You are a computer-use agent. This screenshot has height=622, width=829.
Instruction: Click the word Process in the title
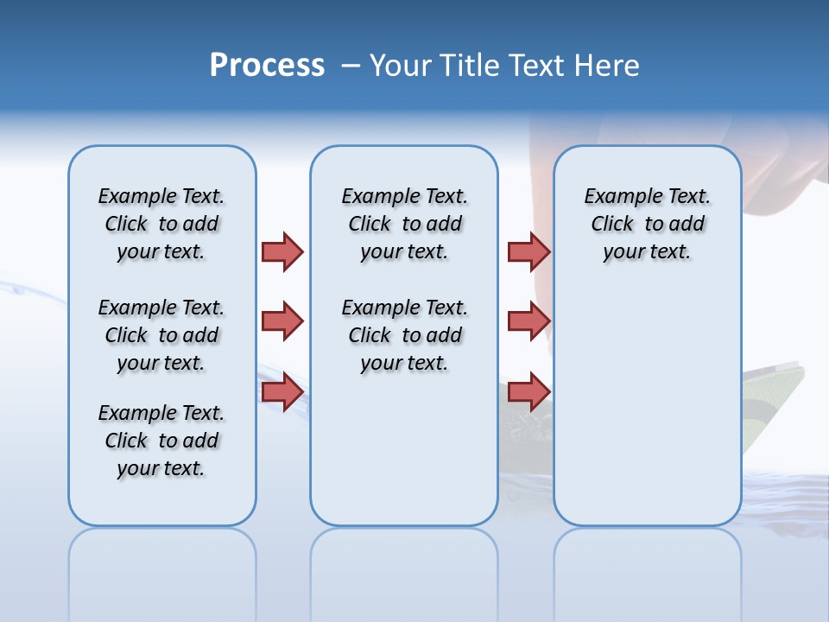(x=267, y=65)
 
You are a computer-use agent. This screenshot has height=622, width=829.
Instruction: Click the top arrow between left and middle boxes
(x=282, y=251)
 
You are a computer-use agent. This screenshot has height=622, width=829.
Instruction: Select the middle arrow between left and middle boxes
(x=282, y=321)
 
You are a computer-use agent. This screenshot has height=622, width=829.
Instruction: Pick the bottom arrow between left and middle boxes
(x=282, y=391)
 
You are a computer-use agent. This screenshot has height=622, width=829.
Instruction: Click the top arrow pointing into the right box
(x=528, y=251)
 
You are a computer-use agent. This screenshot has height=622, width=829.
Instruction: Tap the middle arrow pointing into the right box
(x=528, y=321)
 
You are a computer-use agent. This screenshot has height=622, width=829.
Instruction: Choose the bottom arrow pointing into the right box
(x=528, y=391)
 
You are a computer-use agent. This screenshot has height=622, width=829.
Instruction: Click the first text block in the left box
(x=161, y=224)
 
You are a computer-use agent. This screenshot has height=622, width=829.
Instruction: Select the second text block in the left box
(x=161, y=335)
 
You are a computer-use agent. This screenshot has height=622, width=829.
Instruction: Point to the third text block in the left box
(x=161, y=441)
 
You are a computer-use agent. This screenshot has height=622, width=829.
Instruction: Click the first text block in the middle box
(x=404, y=224)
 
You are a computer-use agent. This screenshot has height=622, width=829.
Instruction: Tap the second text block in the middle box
(x=404, y=335)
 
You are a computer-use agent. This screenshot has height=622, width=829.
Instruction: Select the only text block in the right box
(x=647, y=224)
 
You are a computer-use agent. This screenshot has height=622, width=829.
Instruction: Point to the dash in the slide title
(x=351, y=66)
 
